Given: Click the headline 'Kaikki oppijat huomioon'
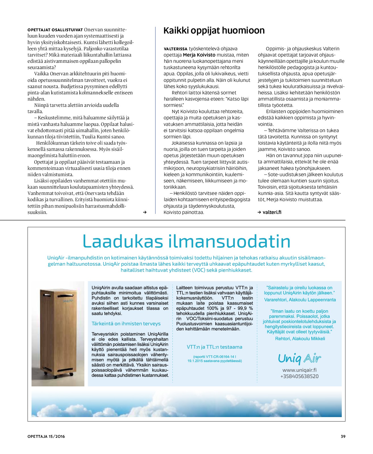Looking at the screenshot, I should [x=214, y=31].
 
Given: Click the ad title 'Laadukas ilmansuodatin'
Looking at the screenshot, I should [x=186, y=241].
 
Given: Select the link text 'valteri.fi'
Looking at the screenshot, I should [x=272, y=212].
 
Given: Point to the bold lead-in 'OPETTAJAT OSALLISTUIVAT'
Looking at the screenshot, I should [x=55, y=30].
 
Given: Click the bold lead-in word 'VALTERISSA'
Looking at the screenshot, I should [x=176, y=49].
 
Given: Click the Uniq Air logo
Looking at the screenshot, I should [x=299, y=359].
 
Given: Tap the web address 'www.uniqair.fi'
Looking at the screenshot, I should [x=299, y=370].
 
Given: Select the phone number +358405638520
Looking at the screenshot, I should [x=299, y=376].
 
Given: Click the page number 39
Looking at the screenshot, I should [x=343, y=436].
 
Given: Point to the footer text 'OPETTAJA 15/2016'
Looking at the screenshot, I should [x=46, y=436].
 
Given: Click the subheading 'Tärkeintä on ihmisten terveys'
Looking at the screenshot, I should [x=126, y=324].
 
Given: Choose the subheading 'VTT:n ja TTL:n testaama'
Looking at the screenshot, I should [x=214, y=347].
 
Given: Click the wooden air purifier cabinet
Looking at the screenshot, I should [x=58, y=330].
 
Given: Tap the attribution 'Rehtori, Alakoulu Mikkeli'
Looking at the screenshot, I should [x=300, y=339].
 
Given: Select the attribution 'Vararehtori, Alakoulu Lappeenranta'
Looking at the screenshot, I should [x=300, y=300].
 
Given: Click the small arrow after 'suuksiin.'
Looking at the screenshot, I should [x=145, y=212].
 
